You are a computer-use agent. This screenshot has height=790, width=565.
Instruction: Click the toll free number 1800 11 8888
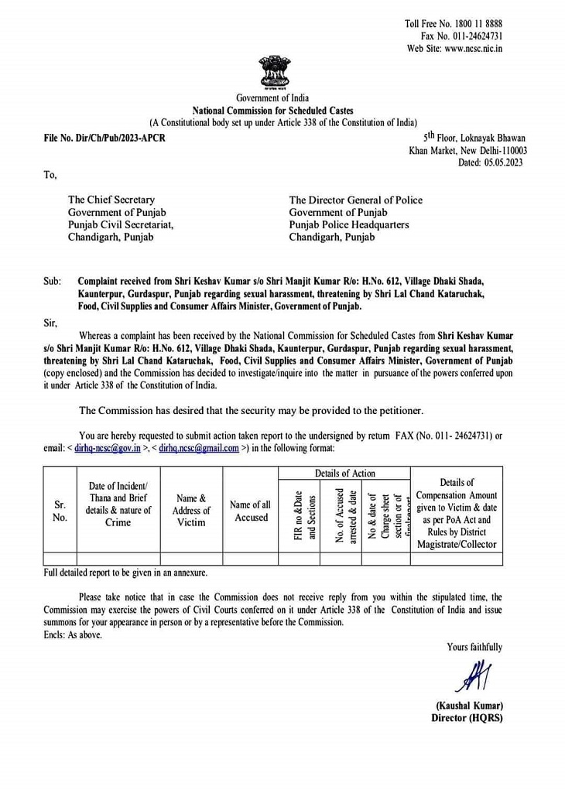point(475,24)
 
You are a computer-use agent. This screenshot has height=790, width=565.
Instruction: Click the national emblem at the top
point(273,71)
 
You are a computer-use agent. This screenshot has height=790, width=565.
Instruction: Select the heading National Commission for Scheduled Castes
point(273,111)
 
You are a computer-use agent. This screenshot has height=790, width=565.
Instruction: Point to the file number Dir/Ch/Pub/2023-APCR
point(104,138)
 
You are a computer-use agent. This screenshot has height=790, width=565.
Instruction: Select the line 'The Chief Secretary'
point(111,200)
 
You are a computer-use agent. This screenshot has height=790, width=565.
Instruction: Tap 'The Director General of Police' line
point(355,200)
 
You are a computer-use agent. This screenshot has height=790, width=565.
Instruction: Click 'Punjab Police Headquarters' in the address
point(349,224)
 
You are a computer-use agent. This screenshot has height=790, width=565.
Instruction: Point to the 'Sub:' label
point(52,282)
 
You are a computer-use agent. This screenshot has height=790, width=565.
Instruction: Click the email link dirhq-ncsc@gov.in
point(108,448)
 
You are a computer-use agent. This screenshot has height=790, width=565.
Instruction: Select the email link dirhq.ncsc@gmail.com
point(199,448)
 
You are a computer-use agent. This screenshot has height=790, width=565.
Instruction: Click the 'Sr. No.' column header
point(60,511)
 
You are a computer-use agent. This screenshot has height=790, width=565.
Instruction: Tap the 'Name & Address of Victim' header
point(191,511)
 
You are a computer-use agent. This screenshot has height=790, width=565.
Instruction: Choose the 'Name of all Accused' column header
point(251,511)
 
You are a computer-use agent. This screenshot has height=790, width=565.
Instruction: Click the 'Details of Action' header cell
point(344,473)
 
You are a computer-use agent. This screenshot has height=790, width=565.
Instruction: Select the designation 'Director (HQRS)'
point(467,717)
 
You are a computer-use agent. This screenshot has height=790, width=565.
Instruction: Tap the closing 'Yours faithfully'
point(474,647)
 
